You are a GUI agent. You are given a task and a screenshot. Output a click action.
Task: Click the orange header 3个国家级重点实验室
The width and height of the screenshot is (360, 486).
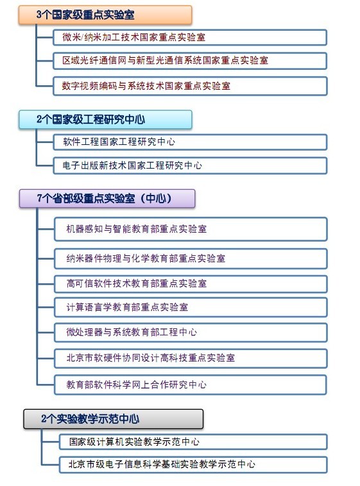[x=105, y=15]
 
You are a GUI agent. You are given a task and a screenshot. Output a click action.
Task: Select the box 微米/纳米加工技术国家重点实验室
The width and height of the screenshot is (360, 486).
[x=190, y=37]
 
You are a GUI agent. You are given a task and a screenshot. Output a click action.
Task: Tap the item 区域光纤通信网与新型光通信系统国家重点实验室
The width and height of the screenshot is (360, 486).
[x=190, y=60]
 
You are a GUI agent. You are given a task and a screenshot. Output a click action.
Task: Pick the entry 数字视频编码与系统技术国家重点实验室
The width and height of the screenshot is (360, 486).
[x=190, y=86]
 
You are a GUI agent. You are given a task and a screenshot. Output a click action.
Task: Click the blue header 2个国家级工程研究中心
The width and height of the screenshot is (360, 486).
[x=105, y=119]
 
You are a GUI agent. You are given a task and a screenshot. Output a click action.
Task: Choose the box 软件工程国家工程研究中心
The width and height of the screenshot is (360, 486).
[x=190, y=142]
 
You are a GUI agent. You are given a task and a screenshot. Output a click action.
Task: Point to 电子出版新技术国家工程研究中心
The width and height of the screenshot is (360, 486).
[x=190, y=165]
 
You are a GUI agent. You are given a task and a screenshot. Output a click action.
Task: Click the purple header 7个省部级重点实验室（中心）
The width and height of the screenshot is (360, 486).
[x=107, y=198]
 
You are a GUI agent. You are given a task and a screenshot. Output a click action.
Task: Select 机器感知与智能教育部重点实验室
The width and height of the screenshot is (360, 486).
[x=191, y=229]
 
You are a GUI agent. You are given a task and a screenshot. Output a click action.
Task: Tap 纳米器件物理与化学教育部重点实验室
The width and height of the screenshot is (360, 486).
[x=191, y=258]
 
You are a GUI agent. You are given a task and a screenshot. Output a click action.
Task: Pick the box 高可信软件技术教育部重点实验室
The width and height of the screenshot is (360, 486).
[x=191, y=283]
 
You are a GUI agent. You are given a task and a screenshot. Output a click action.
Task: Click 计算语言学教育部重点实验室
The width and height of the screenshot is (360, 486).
[x=191, y=307]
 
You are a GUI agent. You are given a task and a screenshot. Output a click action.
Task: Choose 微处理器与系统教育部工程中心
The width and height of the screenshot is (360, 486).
[x=191, y=332]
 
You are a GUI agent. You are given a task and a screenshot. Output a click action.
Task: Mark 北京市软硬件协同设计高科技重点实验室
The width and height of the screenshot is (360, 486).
[x=191, y=358]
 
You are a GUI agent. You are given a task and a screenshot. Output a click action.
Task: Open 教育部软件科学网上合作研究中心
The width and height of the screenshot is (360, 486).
[x=191, y=385]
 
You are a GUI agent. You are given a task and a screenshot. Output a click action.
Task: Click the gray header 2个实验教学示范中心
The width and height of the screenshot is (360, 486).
[x=114, y=419]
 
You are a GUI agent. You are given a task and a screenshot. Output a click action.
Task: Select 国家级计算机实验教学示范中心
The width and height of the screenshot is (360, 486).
[x=193, y=442]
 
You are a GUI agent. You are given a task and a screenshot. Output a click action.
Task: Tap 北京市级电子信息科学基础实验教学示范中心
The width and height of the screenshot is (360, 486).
[x=193, y=465]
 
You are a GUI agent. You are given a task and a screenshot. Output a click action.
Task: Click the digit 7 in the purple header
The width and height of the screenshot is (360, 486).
[x=39, y=198]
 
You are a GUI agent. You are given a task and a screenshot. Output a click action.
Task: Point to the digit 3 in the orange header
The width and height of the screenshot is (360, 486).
[x=39, y=15]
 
